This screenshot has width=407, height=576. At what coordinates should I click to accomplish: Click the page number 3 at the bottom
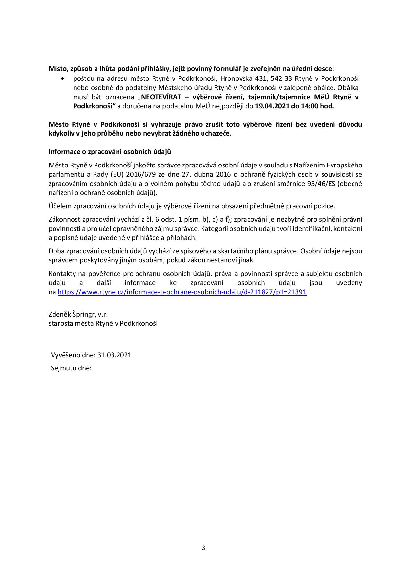coord(203,548)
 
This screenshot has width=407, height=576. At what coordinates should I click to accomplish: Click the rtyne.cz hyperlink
coord(182,292)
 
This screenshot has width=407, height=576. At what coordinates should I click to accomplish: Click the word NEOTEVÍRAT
coord(161,97)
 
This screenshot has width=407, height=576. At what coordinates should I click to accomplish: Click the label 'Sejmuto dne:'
coord(71,368)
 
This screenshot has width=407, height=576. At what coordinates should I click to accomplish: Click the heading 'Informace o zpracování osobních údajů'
coord(110,152)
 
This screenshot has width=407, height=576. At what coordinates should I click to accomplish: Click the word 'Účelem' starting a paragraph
coord(60,206)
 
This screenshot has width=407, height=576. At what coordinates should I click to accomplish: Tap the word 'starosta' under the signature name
coord(59,323)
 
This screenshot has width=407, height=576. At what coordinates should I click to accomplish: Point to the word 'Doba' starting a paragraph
coord(56,251)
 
